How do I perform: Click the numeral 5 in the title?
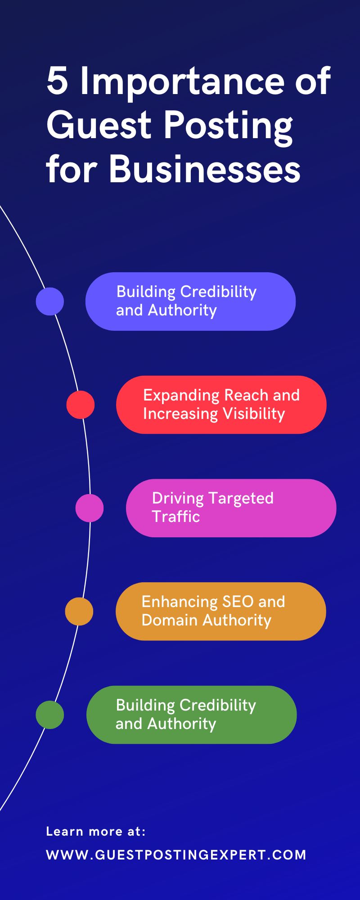[x=57, y=82]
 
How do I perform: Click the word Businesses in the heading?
[x=205, y=170]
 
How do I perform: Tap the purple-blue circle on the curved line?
[x=50, y=301]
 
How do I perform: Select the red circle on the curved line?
[x=81, y=405]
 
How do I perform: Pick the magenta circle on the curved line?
[x=90, y=508]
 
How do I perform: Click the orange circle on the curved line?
[x=79, y=611]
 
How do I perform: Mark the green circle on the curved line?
[x=50, y=715]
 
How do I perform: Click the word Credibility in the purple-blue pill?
[x=218, y=292]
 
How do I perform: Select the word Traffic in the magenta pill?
[x=176, y=517]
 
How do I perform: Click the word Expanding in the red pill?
[x=181, y=396]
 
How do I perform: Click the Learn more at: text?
[x=96, y=832]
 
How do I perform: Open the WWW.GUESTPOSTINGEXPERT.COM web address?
[x=176, y=855]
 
